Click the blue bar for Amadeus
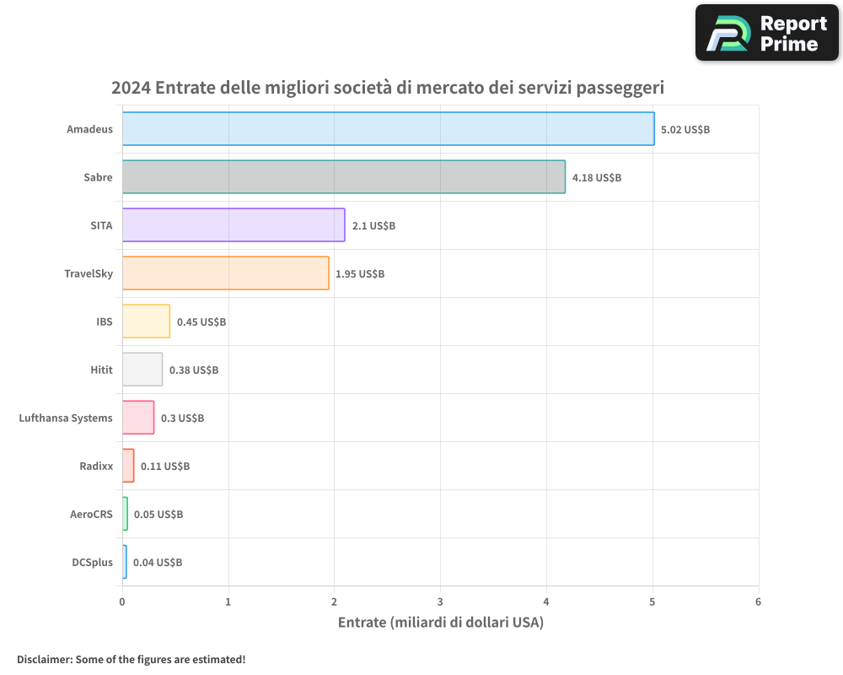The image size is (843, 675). click(x=388, y=128)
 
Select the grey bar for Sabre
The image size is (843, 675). click(x=343, y=176)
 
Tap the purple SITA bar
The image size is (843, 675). click(x=234, y=224)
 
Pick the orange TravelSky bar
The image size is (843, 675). click(x=225, y=273)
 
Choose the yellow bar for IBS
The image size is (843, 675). click(x=146, y=321)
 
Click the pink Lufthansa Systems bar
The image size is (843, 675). click(x=138, y=417)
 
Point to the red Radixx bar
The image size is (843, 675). click(x=128, y=465)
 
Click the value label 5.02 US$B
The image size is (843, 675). click(x=685, y=129)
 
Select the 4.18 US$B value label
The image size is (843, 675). click(x=597, y=177)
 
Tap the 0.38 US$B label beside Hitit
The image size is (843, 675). click(x=194, y=370)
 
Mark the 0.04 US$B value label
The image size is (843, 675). click(x=158, y=562)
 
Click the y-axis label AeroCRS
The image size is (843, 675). click(x=91, y=514)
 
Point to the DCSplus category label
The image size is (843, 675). click(x=92, y=562)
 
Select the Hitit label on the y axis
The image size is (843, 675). click(x=101, y=370)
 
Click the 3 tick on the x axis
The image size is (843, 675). click(x=440, y=602)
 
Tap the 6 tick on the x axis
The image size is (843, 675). click(x=758, y=602)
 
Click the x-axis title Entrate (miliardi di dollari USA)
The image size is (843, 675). click(x=440, y=623)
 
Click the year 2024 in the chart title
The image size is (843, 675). click(x=131, y=88)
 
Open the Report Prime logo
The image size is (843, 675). click(x=766, y=33)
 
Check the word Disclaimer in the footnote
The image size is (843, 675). click(x=44, y=659)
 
